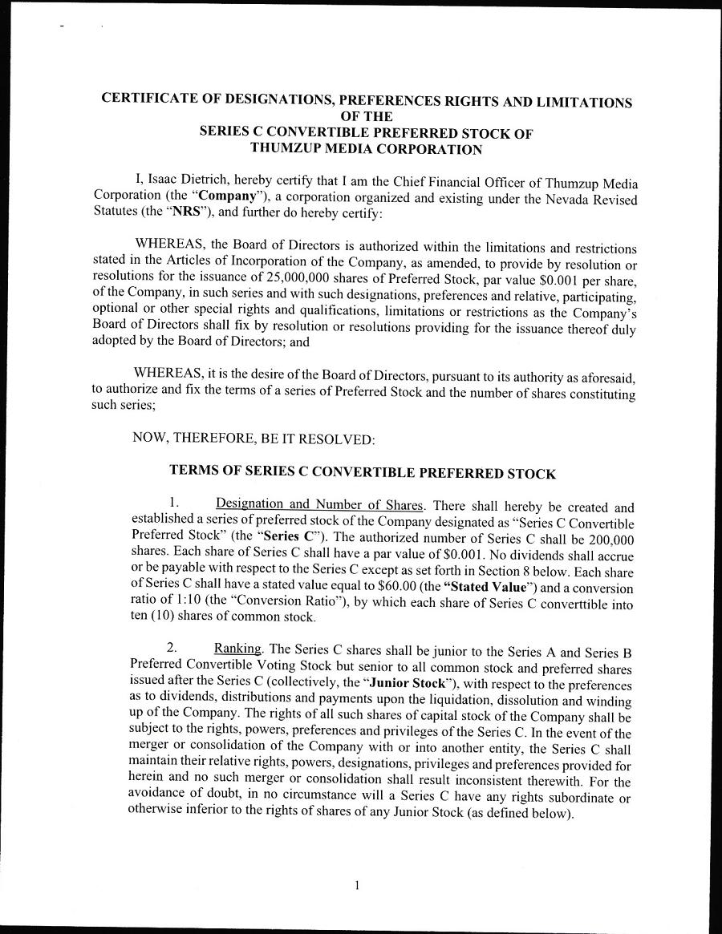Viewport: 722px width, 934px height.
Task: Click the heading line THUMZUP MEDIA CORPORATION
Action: coord(366,148)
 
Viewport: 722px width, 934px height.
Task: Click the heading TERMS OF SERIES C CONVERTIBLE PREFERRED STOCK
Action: coord(362,472)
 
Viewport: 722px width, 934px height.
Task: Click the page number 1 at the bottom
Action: coord(356,886)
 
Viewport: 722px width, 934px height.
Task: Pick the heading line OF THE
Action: coord(366,117)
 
